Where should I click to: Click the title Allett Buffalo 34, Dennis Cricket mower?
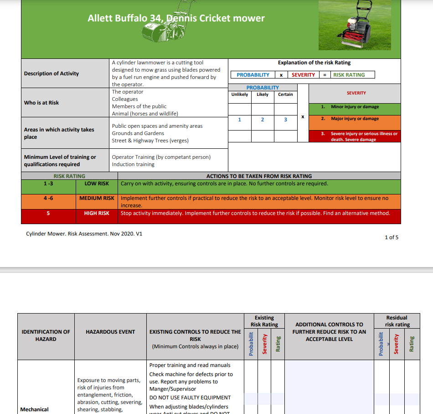(176, 18)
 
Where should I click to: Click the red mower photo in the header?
(360, 25)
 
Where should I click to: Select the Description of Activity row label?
(52, 73)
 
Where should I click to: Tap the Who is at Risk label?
(41, 103)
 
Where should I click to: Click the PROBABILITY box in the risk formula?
(253, 75)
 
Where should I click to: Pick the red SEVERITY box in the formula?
(303, 75)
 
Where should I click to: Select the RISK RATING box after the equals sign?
(349, 75)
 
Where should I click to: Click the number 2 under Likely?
(263, 120)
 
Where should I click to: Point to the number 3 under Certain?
(285, 120)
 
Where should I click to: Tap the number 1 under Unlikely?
(239, 120)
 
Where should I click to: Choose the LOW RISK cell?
(97, 183)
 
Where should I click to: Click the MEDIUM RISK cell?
(97, 199)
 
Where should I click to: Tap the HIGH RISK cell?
(97, 213)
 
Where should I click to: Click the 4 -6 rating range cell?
(48, 199)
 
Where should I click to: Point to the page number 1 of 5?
(392, 237)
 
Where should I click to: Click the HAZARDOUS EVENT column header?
(110, 332)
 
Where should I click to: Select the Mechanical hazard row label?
(35, 409)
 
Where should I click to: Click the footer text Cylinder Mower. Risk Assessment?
(84, 233)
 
